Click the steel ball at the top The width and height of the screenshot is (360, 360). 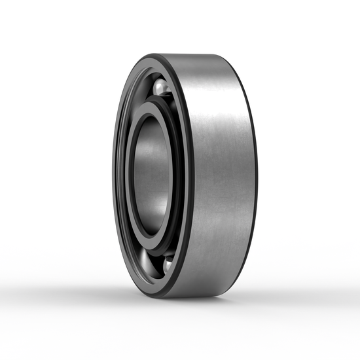[x=162, y=86]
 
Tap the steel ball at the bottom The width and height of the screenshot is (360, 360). [x=167, y=264]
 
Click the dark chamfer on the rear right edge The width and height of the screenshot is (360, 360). [x=253, y=177]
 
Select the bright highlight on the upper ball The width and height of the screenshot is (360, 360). [x=160, y=84]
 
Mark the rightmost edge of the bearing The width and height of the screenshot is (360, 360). [x=257, y=177]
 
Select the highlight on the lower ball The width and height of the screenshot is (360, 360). [x=168, y=262]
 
